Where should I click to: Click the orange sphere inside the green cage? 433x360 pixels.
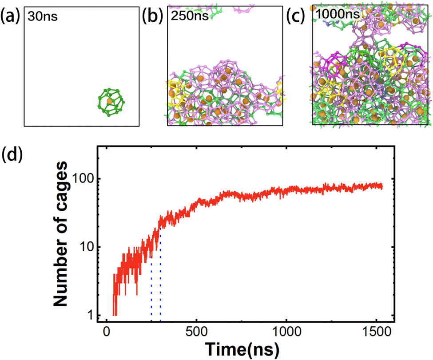[x=110, y=102]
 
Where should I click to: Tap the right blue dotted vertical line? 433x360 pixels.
[x=160, y=280]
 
